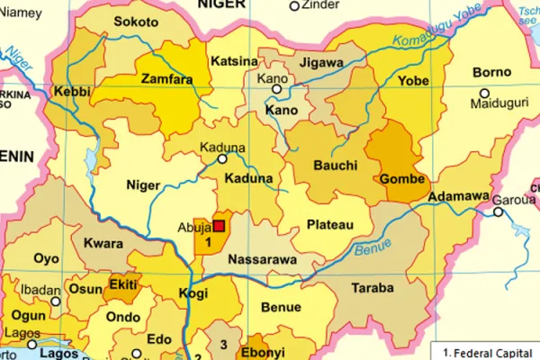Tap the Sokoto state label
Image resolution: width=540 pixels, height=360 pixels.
pyautogui.click(x=136, y=22)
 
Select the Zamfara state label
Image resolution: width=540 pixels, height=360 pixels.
pyautogui.click(x=166, y=79)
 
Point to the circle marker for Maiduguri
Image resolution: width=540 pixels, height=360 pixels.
pyautogui.click(x=485, y=94)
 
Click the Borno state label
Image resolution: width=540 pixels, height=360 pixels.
pyautogui.click(x=491, y=71)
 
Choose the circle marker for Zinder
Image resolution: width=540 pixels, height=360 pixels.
pyautogui.click(x=293, y=6)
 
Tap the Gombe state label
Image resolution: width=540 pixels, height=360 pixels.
pyautogui.click(x=402, y=179)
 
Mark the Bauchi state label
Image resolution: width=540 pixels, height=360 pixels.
pyautogui.click(x=335, y=166)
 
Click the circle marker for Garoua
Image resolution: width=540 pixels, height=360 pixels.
pyautogui.click(x=498, y=212)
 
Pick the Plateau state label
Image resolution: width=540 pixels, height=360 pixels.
pyautogui.click(x=330, y=224)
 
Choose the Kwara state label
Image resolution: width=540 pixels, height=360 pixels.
pyautogui.click(x=103, y=244)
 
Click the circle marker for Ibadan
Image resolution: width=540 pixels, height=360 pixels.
pyautogui.click(x=55, y=302)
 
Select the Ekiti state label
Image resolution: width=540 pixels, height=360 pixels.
pyautogui.click(x=122, y=285)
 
